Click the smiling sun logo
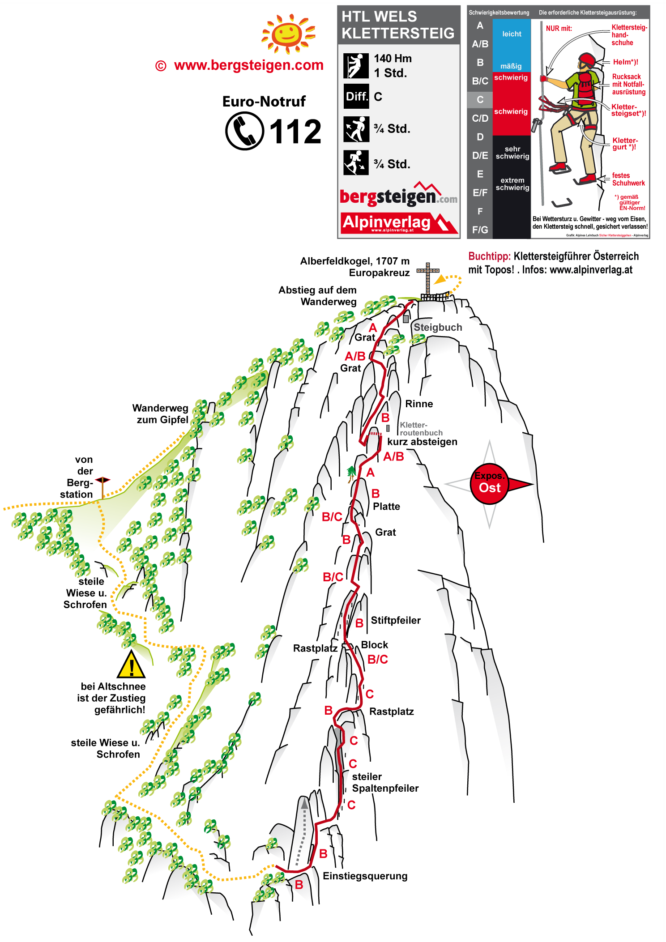click(x=288, y=33)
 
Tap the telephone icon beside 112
click(x=244, y=131)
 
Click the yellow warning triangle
click(x=131, y=665)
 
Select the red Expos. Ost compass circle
click(x=490, y=484)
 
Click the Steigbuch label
click(x=438, y=327)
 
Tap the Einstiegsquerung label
click(x=365, y=876)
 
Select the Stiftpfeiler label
click(x=396, y=620)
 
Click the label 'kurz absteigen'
click(x=422, y=442)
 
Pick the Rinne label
click(x=419, y=404)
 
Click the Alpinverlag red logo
click(x=398, y=223)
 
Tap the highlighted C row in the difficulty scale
click(x=480, y=100)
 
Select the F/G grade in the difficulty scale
click(x=480, y=230)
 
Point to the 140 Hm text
click(x=393, y=59)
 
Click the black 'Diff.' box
click(x=356, y=96)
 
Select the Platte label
click(x=386, y=507)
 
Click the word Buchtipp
click(x=489, y=256)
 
